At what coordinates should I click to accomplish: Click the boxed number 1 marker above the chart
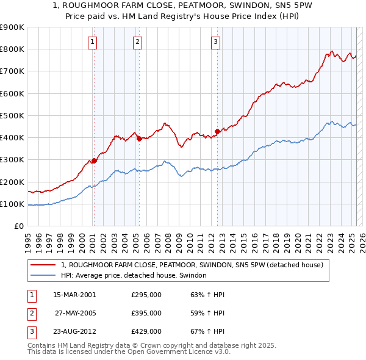click(92, 42)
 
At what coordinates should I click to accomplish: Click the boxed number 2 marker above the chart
click(137, 42)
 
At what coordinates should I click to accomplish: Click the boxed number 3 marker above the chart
click(215, 42)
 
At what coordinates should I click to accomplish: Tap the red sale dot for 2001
click(94, 161)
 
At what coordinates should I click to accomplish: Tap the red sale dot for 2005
click(139, 139)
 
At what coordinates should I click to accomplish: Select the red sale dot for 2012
click(217, 131)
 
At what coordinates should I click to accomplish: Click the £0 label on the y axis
click(18, 226)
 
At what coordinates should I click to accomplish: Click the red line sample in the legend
click(44, 265)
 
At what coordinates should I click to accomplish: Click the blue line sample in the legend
click(44, 275)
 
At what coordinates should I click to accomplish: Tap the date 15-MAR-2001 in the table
click(74, 295)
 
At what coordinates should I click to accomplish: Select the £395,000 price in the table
click(146, 313)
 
